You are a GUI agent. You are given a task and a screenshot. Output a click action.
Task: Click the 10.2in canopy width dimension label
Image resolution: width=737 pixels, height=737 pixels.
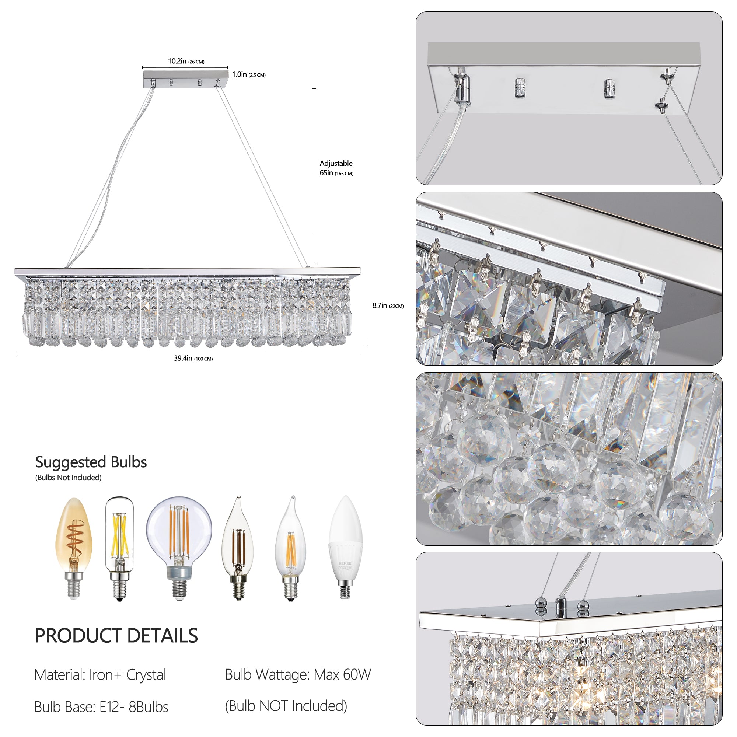click(x=186, y=61)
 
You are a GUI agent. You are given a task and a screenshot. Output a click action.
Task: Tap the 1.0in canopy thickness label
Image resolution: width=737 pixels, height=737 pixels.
click(x=249, y=74)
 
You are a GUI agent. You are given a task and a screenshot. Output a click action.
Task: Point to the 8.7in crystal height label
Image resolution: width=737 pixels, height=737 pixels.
click(x=388, y=305)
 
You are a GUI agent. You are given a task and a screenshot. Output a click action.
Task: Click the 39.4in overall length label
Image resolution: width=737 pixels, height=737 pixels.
click(x=193, y=358)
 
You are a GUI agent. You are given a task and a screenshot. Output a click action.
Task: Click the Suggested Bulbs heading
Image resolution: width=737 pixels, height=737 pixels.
click(x=91, y=462)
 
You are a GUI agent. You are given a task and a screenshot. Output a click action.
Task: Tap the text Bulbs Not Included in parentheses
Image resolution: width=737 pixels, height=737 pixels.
click(x=68, y=478)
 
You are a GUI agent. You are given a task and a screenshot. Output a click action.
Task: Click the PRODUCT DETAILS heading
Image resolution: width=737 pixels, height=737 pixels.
click(x=116, y=636)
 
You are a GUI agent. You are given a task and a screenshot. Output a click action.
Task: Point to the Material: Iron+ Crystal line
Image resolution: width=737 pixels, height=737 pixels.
click(x=100, y=675)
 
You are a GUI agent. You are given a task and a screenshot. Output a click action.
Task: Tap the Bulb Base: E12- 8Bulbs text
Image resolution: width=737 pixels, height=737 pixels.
click(x=101, y=707)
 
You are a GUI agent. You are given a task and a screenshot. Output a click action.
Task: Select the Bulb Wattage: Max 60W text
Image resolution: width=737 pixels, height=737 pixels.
click(x=297, y=674)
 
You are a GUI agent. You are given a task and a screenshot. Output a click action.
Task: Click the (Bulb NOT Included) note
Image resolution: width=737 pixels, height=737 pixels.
click(x=286, y=706)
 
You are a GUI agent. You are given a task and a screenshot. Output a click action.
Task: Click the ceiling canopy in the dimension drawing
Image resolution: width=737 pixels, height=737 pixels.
click(x=185, y=78)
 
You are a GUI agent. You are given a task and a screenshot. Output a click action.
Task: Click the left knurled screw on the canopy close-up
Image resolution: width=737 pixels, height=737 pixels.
click(x=519, y=88)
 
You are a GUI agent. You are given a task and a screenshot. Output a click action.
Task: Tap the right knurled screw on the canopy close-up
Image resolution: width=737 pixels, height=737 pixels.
click(x=609, y=88)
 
